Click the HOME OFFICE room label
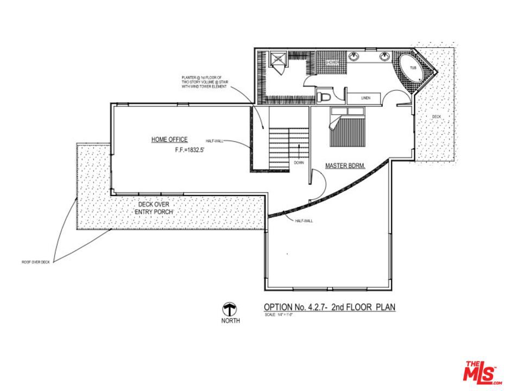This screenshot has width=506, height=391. [169, 140]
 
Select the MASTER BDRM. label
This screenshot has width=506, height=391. [344, 165]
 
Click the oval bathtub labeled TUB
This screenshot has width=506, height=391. [412, 69]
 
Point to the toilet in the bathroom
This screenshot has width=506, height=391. [324, 97]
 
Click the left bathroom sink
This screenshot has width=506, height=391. [353, 56]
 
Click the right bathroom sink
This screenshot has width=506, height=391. [385, 56]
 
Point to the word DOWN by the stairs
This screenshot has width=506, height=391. [299, 162]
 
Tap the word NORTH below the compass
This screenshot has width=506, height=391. [230, 320]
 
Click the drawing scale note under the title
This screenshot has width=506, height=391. [279, 315]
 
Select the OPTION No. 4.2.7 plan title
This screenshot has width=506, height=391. [329, 307]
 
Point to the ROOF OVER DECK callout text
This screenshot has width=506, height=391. [35, 262]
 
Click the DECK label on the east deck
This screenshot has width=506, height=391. [437, 117]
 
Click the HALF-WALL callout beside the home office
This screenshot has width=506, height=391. [214, 141]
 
